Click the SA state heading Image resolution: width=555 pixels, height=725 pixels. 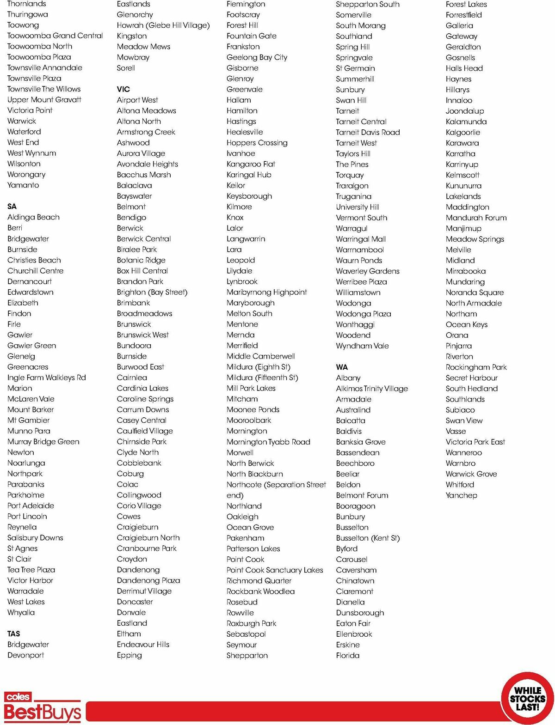[12, 207]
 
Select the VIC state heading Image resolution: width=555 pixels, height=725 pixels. [123, 89]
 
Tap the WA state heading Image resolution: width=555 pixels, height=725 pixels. [342, 367]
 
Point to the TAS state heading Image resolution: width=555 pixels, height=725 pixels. [14, 634]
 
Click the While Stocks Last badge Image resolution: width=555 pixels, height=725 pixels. [527, 699]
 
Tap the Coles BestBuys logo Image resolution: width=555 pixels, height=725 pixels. [43, 707]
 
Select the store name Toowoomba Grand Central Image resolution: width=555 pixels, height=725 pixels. [55, 36]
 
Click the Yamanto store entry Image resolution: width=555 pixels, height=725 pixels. [23, 185]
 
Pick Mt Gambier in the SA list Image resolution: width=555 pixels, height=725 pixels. [29, 420]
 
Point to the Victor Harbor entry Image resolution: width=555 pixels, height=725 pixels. [30, 580]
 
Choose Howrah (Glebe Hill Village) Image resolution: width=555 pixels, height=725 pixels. [163, 25]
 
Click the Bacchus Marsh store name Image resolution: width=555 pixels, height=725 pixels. [144, 175]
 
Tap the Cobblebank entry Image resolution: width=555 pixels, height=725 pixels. [139, 463]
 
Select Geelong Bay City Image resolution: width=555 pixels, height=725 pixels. [257, 57]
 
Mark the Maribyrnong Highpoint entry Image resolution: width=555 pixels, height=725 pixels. [267, 292]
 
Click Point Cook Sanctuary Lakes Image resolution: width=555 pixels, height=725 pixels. [275, 570]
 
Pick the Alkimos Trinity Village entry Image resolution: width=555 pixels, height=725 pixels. [372, 389]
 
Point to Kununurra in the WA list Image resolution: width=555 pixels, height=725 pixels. [463, 186]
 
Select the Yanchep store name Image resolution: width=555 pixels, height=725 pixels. [461, 495]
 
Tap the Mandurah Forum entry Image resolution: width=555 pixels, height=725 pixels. [476, 218]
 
